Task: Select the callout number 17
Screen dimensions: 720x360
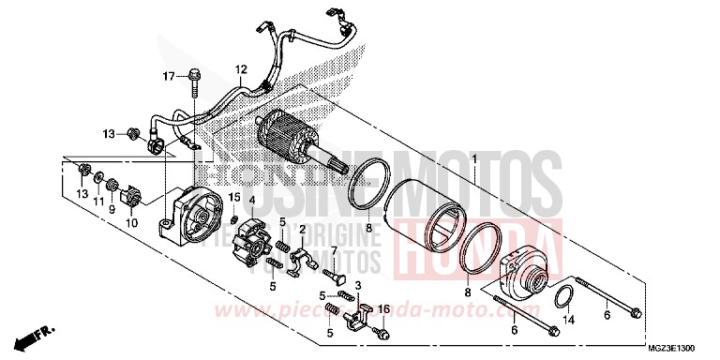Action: point(170,76)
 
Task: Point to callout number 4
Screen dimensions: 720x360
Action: point(252,199)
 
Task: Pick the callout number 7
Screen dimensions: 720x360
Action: point(333,248)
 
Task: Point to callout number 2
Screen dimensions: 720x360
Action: point(303,230)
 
